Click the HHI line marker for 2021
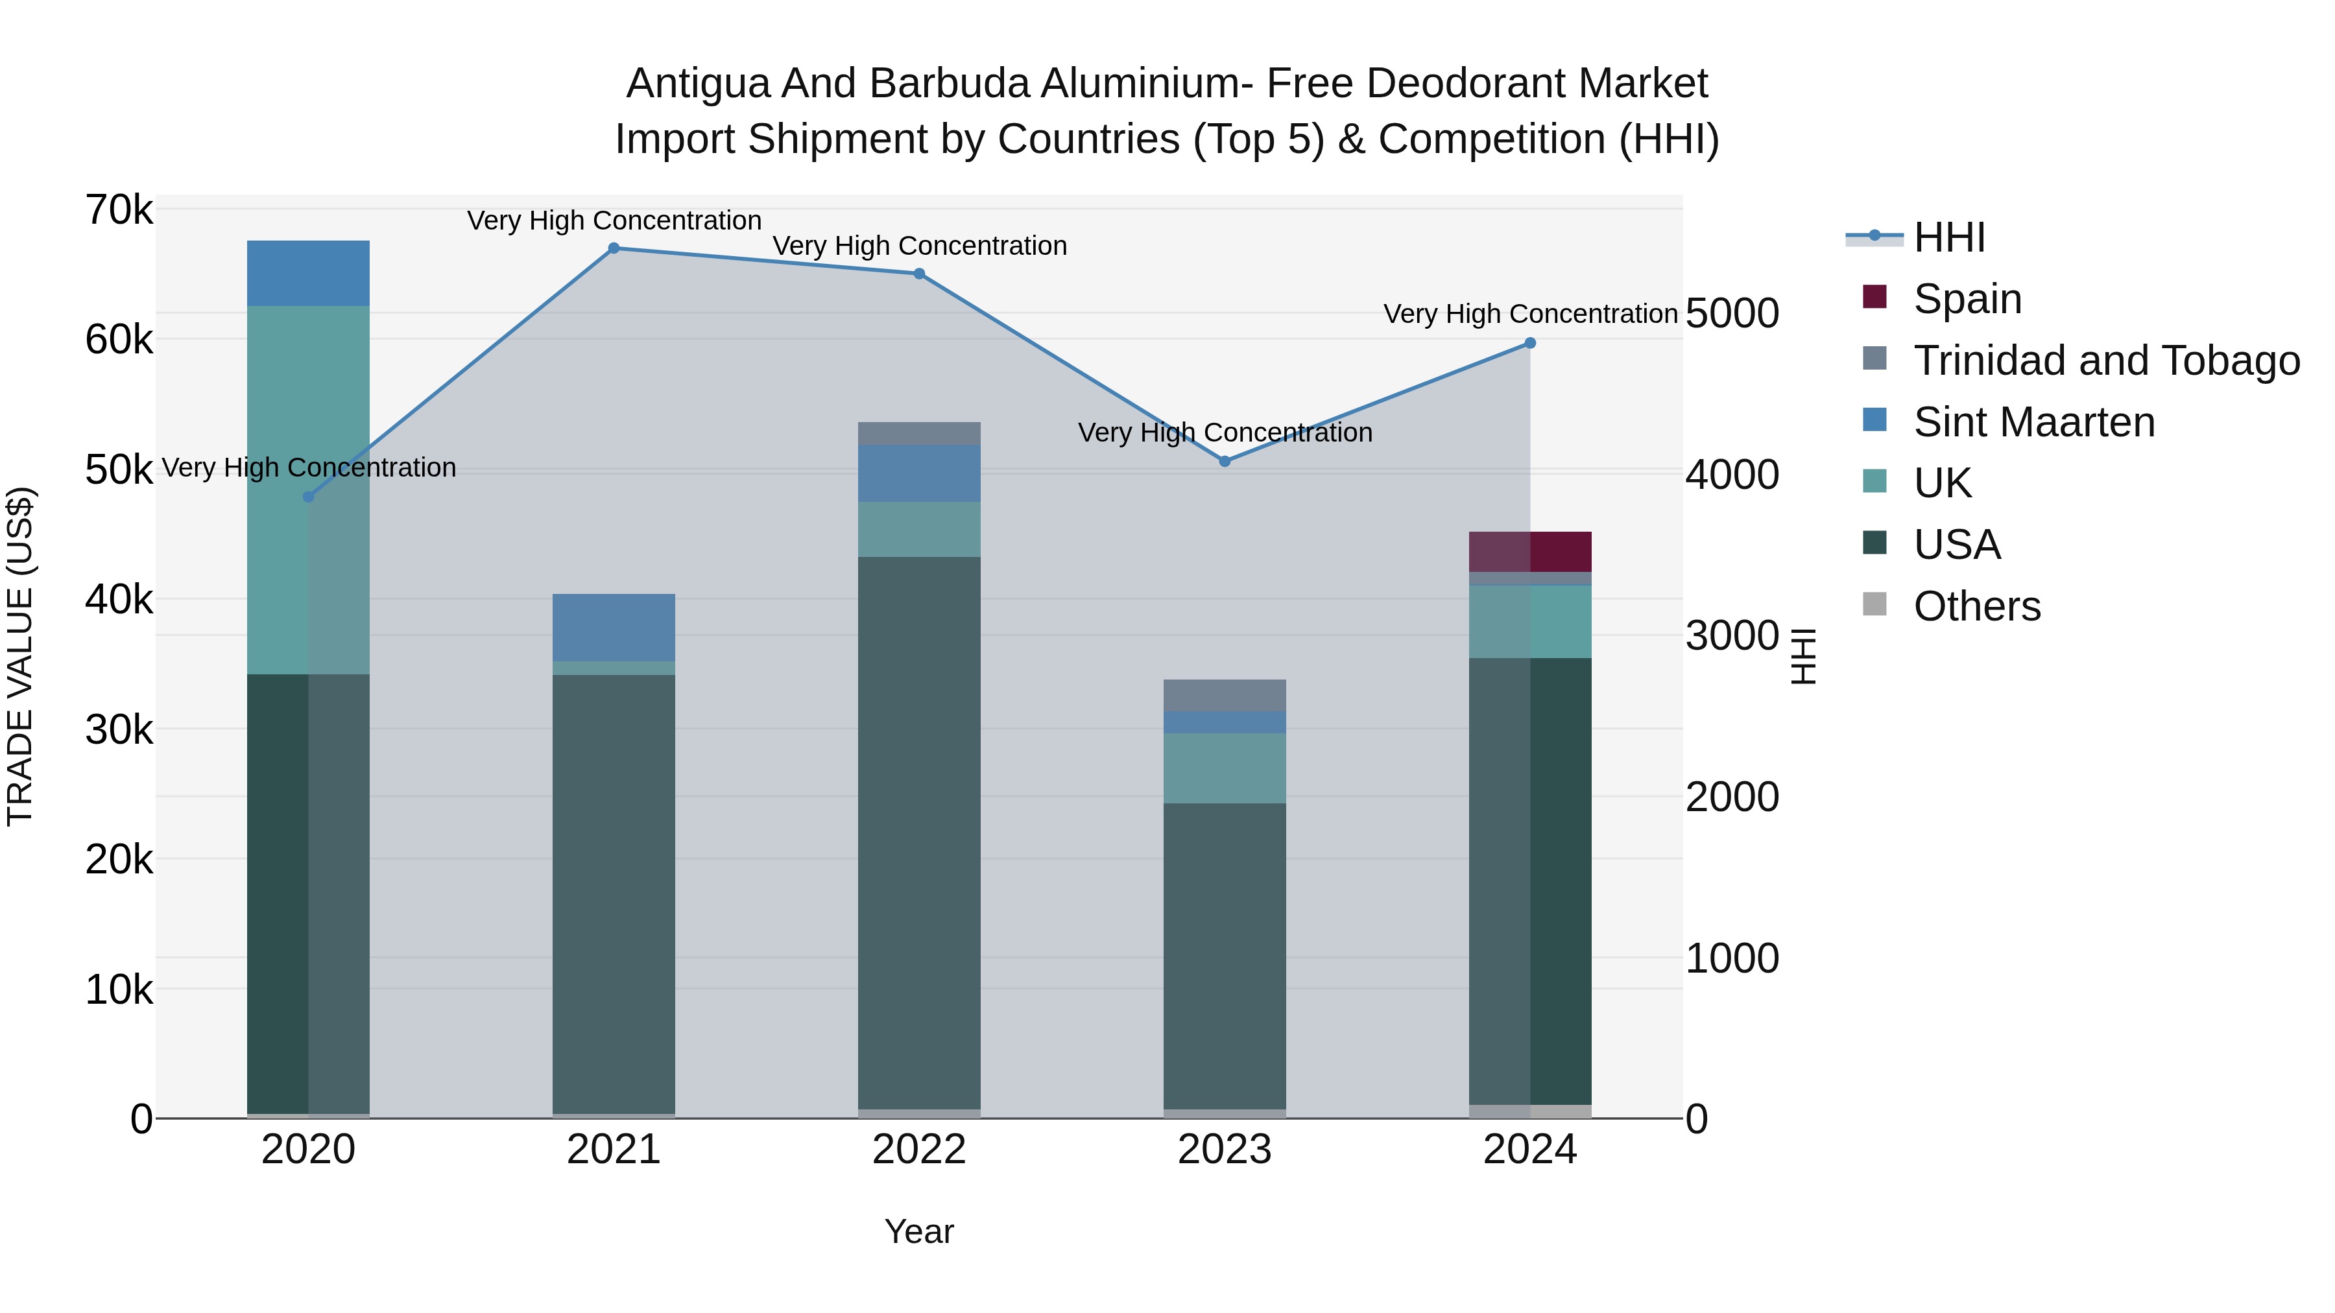point(614,248)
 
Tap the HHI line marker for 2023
point(1225,461)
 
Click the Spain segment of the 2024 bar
point(1530,552)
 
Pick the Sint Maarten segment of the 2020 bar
point(308,273)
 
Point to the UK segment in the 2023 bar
point(1225,768)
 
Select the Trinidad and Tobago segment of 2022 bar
point(919,433)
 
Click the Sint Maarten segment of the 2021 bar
point(614,627)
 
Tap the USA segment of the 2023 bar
point(1225,956)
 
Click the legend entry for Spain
point(1967,298)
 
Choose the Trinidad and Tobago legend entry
point(2105,360)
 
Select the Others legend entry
point(1976,606)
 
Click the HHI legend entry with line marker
point(1949,237)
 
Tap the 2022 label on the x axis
point(919,1150)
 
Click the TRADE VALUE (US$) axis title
point(20,656)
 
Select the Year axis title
point(919,1231)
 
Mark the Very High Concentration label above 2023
point(1225,432)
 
